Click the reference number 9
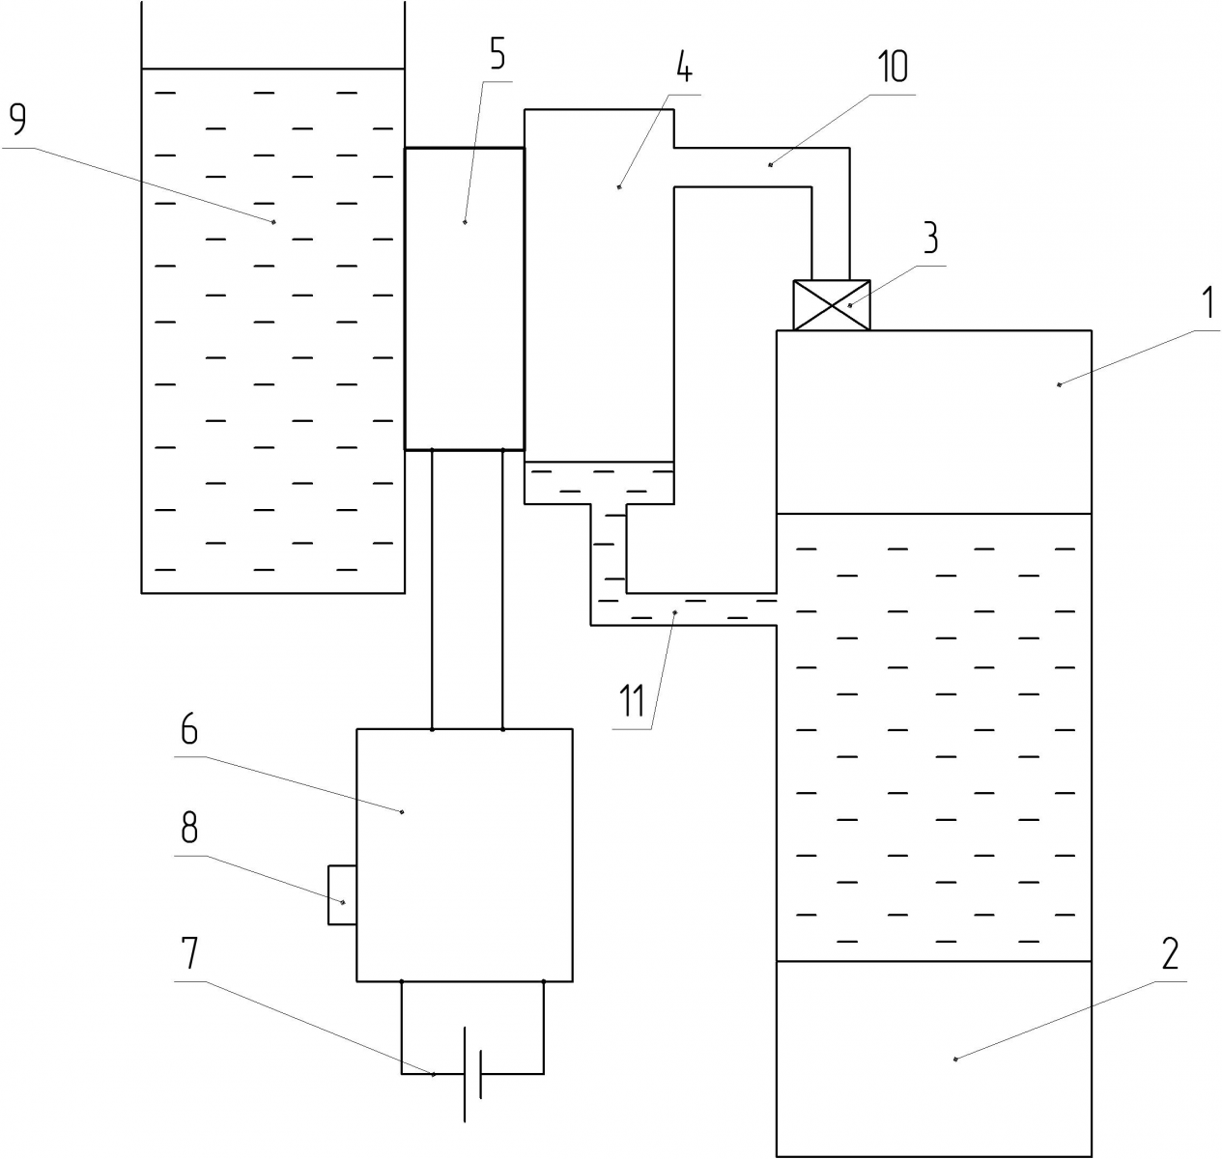point(17,120)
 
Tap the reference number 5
point(497,55)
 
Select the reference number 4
point(683,69)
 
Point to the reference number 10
point(893,67)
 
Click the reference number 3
point(929,237)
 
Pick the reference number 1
point(1207,303)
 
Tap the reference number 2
point(1170,953)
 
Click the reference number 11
point(633,699)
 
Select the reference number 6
point(188,730)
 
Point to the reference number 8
point(188,827)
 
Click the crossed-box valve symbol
point(831,305)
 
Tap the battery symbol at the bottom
point(472,1072)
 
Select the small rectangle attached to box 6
point(342,895)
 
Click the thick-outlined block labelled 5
point(464,299)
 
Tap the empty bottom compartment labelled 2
point(934,1059)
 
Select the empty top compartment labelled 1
point(934,422)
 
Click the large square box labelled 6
point(465,855)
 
